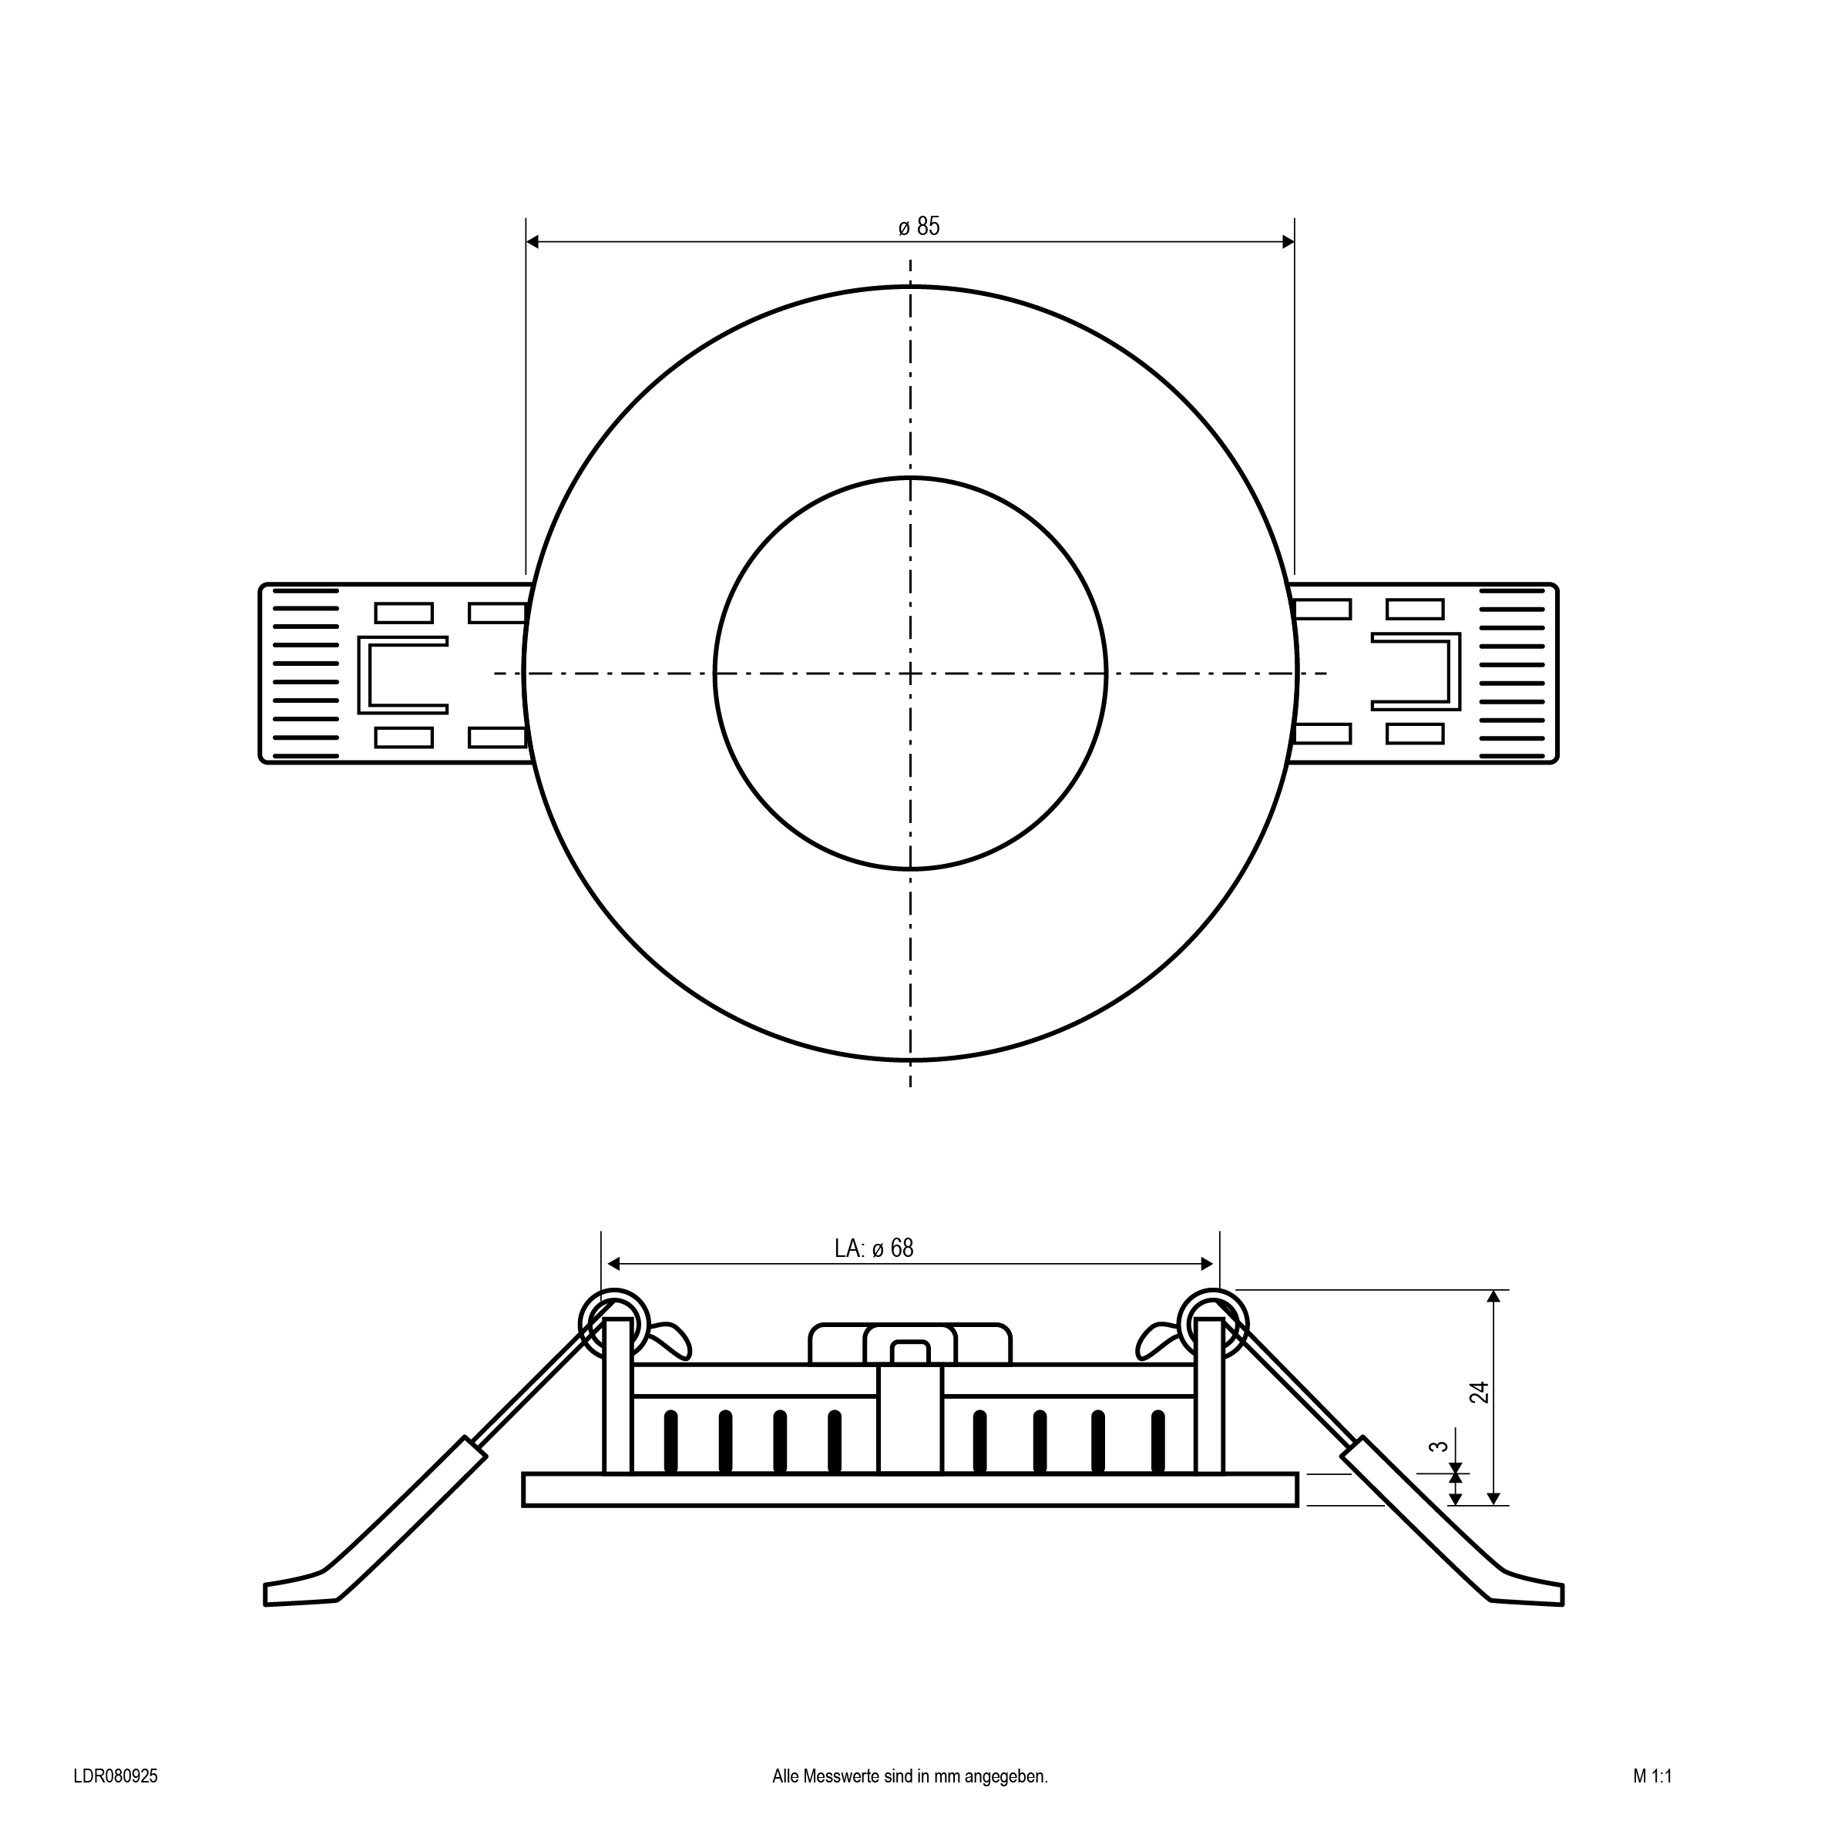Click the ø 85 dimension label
(x=919, y=227)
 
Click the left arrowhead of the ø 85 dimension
(x=533, y=242)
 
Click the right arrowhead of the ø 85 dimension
(x=1288, y=242)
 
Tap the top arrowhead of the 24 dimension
(x=1493, y=1297)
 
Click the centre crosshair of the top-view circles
(x=911, y=673)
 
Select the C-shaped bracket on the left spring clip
(x=402, y=675)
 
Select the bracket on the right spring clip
(x=1416, y=671)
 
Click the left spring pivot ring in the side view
(x=614, y=1322)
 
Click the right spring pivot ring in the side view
(x=1213, y=1322)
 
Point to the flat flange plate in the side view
(x=911, y=1489)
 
